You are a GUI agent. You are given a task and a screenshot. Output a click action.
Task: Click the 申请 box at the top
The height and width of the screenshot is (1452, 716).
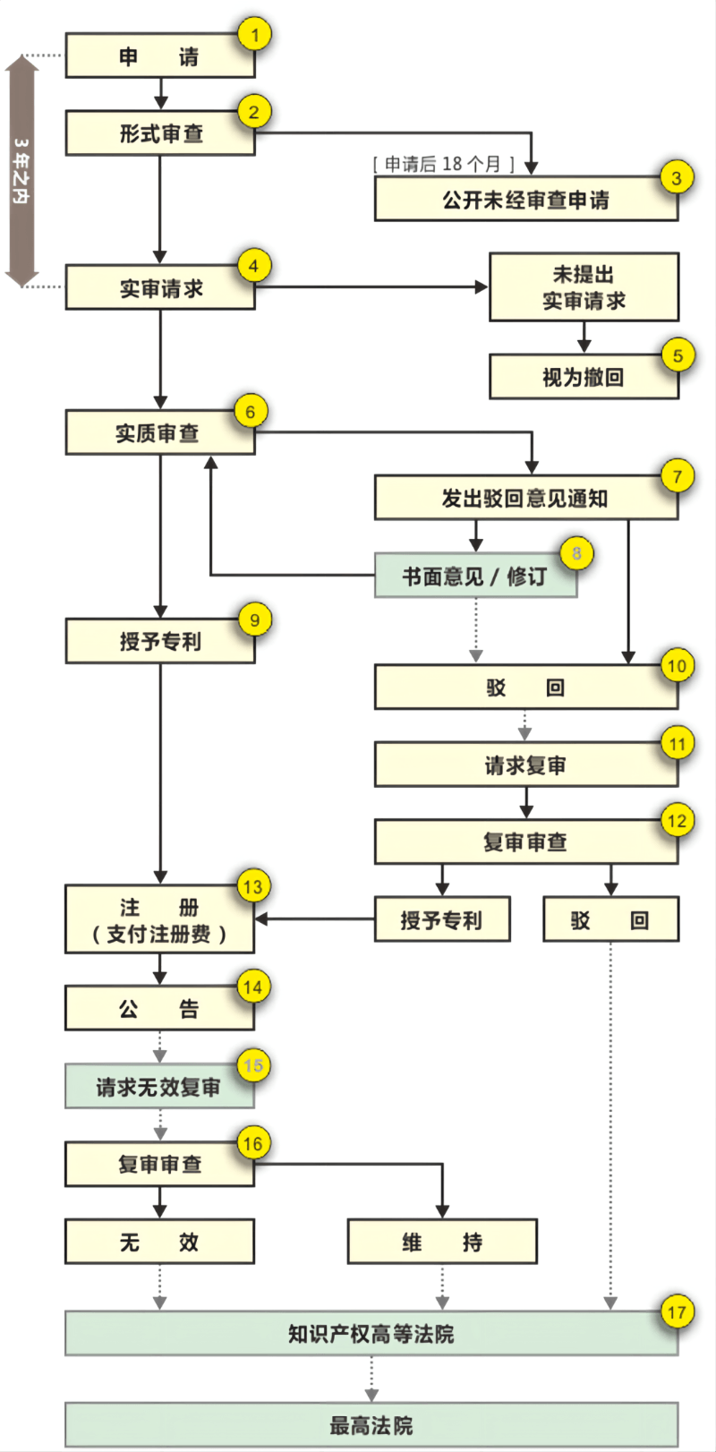pyautogui.click(x=159, y=56)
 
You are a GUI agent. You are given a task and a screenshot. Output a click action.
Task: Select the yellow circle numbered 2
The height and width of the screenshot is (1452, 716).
pyautogui.click(x=254, y=112)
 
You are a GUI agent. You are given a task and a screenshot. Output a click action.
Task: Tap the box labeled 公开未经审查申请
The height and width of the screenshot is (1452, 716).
pyautogui.click(x=525, y=199)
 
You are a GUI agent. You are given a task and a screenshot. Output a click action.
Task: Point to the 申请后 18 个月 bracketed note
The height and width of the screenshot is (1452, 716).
pyautogui.click(x=444, y=163)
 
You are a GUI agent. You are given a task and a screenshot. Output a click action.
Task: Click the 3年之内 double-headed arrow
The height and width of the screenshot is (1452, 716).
pyautogui.click(x=21, y=170)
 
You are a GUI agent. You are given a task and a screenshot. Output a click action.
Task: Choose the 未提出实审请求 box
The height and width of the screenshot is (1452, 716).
pyautogui.click(x=584, y=286)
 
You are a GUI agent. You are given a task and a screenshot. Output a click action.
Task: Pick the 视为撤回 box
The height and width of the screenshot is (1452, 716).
pyautogui.click(x=584, y=377)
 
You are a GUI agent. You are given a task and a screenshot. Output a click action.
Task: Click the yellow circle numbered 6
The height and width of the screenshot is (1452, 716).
pyautogui.click(x=251, y=412)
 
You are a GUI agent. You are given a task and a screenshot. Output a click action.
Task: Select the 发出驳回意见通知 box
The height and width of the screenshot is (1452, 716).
pyautogui.click(x=525, y=498)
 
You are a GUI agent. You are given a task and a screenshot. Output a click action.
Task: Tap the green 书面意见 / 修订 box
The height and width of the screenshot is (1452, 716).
pyautogui.click(x=474, y=576)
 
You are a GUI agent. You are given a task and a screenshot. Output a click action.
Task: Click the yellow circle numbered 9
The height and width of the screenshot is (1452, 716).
pyautogui.click(x=255, y=619)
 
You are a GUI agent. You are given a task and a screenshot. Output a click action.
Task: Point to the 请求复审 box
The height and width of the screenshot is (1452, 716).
pyautogui.click(x=525, y=765)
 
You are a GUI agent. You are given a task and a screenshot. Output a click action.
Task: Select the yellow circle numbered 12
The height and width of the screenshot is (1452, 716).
pyautogui.click(x=677, y=820)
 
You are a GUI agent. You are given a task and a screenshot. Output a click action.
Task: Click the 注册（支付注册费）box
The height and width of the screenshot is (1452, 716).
pyautogui.click(x=159, y=920)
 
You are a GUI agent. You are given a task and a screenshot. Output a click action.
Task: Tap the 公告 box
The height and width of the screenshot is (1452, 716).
pyautogui.click(x=159, y=1009)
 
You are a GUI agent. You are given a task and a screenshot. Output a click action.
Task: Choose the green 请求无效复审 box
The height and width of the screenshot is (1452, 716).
pyautogui.click(x=159, y=1087)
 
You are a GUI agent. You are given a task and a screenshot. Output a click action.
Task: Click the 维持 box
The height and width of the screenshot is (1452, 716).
pyautogui.click(x=442, y=1242)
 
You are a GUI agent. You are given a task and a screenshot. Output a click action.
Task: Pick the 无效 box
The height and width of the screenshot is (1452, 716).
pyautogui.click(x=159, y=1242)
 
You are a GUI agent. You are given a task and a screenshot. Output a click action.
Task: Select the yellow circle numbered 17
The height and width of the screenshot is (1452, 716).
pyautogui.click(x=677, y=1312)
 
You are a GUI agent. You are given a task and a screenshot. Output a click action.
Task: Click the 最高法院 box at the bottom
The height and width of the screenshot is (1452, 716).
pyautogui.click(x=371, y=1424)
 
